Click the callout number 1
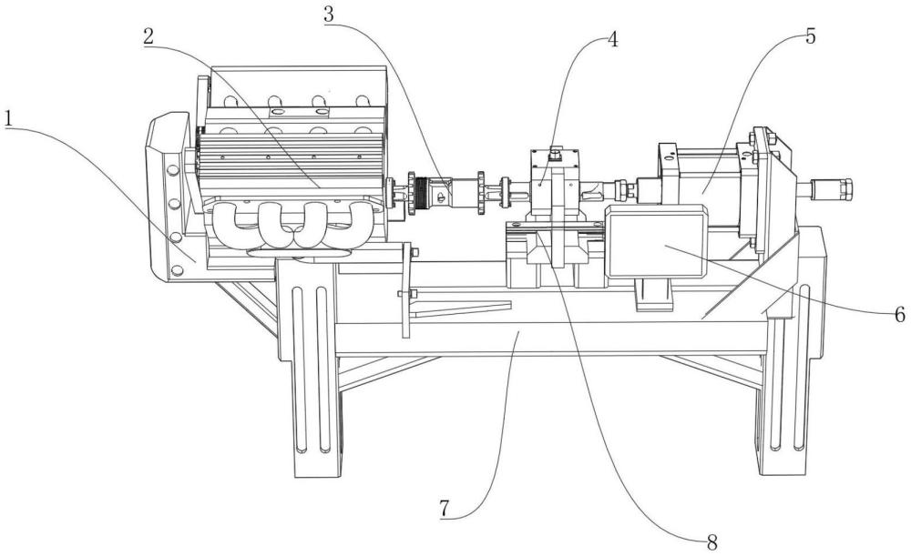point(10,119)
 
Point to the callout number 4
point(613,41)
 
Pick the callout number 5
point(810,37)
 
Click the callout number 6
point(898,315)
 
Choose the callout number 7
point(445,507)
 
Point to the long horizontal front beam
point(547,339)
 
